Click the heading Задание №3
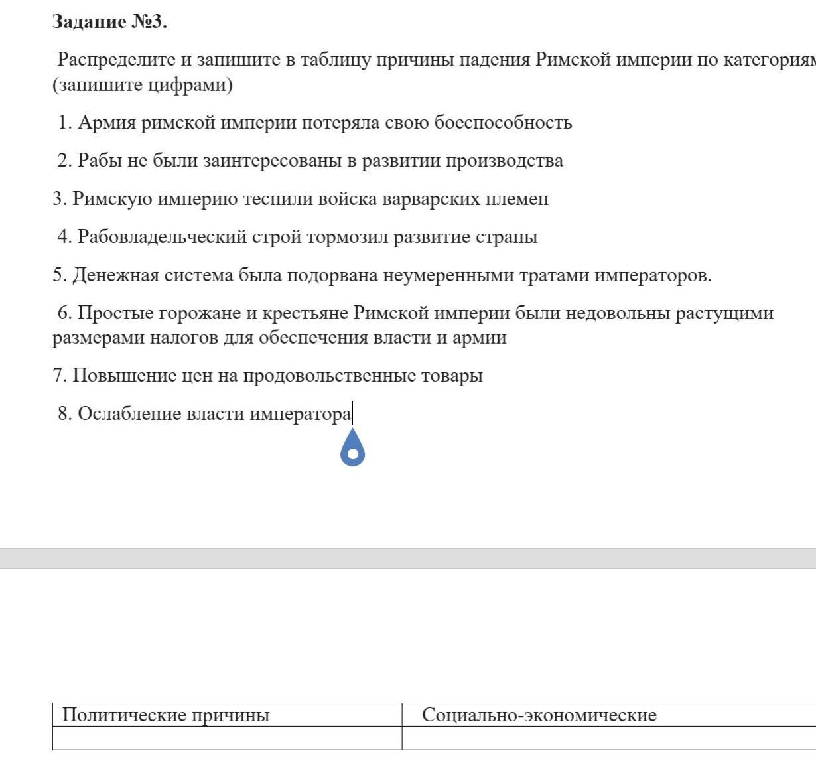pyautogui.click(x=109, y=22)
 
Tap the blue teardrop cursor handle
pyautogui.click(x=353, y=449)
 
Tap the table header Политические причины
pyautogui.click(x=166, y=715)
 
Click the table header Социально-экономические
pyautogui.click(x=539, y=715)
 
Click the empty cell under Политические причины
pyautogui.click(x=227, y=738)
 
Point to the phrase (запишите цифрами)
pyautogui.click(x=143, y=85)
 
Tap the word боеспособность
pyautogui.click(x=503, y=123)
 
